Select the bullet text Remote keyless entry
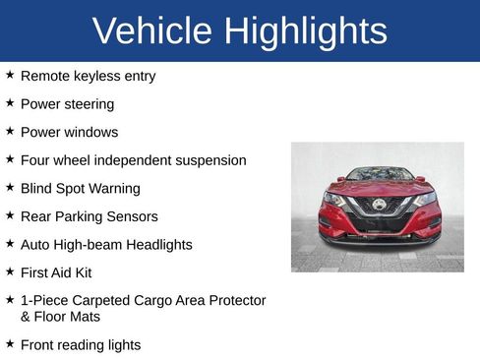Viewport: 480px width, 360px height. (88, 76)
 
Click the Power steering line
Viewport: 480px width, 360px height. (67, 103)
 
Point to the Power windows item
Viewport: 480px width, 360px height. (69, 132)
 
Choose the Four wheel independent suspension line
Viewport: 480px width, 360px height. (133, 159)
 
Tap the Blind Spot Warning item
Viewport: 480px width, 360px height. (80, 188)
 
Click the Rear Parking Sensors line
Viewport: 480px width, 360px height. (89, 216)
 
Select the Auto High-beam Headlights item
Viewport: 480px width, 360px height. (106, 244)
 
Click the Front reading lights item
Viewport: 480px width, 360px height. (81, 344)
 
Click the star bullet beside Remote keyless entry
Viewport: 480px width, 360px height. (10, 75)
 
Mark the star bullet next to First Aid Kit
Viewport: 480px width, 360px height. (10, 271)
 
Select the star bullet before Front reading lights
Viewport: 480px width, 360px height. (10, 343)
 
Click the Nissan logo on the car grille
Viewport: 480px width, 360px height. (379, 205)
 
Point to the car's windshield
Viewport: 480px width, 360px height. (380, 174)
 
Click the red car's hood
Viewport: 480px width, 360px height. (379, 188)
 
